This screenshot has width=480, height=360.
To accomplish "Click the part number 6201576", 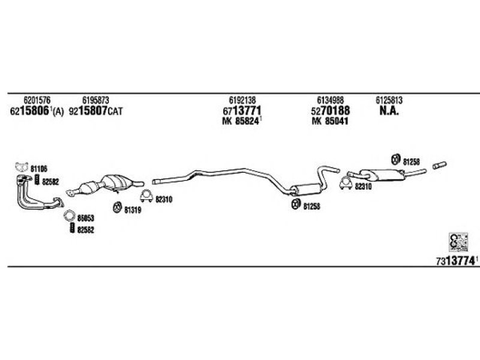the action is pos(37,100).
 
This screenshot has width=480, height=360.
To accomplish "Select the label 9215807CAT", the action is pos(95,111).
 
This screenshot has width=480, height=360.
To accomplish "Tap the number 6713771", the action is pos(242,110).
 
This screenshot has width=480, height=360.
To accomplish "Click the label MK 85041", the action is pos(330,121).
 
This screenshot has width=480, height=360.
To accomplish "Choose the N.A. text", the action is pos(389,111).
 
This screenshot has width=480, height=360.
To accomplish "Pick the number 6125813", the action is pos(389,100).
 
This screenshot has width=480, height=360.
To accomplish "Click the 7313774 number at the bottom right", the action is pos(455,261).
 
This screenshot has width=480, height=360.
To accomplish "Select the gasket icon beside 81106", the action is pos(22,167).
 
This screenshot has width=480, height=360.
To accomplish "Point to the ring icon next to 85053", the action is pos(69,216).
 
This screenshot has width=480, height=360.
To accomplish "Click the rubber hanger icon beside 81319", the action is pos(117,207).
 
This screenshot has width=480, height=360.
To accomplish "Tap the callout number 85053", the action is pos(85,218).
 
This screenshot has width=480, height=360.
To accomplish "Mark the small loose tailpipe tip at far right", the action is pos(440,166).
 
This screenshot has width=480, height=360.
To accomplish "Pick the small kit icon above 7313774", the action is pos(458,242).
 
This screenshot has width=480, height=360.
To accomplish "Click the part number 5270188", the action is pos(331,110).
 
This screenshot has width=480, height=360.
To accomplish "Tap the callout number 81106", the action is pos(39,169).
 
